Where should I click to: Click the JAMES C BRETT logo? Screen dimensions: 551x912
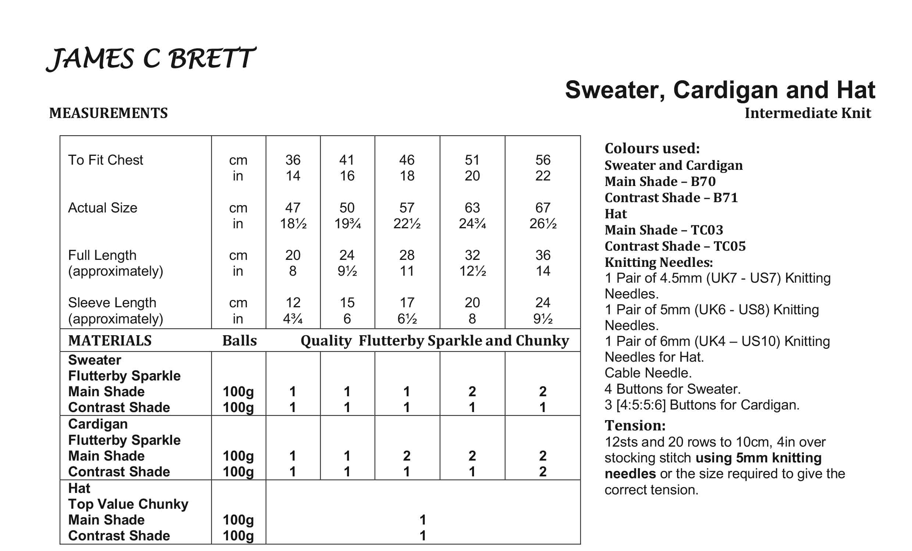(x=151, y=59)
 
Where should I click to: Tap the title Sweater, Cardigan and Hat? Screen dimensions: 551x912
(x=720, y=90)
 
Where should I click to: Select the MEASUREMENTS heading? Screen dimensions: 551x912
(x=108, y=113)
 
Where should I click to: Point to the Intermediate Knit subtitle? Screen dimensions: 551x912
(x=808, y=113)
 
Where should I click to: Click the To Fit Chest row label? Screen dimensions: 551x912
(x=106, y=160)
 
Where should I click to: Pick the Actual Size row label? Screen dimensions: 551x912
(x=103, y=208)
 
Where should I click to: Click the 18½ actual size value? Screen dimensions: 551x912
(x=293, y=223)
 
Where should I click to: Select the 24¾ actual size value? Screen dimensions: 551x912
(x=472, y=223)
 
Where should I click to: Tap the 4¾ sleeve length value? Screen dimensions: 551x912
(x=293, y=319)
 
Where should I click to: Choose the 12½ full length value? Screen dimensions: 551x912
(x=472, y=271)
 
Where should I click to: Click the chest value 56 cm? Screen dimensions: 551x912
(x=543, y=160)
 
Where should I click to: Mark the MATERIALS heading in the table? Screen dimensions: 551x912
(x=110, y=340)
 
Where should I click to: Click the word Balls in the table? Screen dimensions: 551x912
(x=239, y=340)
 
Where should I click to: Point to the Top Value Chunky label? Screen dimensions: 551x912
(x=128, y=504)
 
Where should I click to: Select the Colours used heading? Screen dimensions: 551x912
(x=652, y=149)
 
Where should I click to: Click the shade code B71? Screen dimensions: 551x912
(x=726, y=198)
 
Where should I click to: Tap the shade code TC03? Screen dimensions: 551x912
(x=706, y=230)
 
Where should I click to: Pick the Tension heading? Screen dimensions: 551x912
(x=635, y=426)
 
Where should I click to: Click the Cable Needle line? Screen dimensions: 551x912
(x=648, y=373)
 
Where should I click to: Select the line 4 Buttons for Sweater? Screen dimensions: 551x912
(x=672, y=389)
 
